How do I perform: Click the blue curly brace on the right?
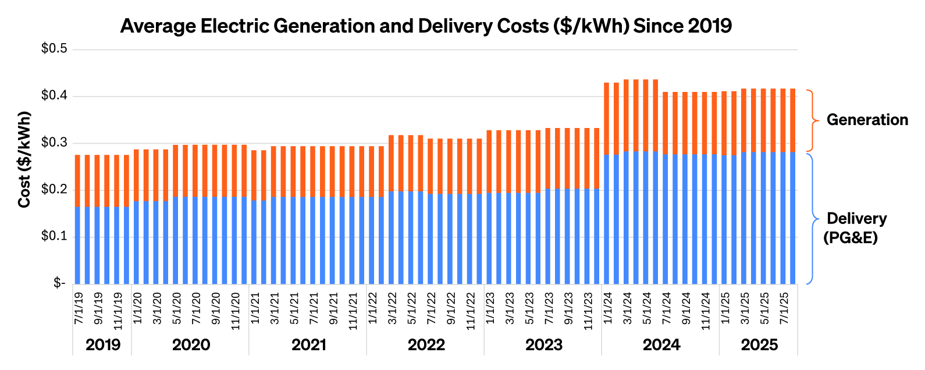(x=813, y=219)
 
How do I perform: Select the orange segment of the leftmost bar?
(x=77, y=180)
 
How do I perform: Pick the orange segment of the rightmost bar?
(x=792, y=120)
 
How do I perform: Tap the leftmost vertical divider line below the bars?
(x=73, y=320)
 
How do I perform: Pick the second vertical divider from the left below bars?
(x=131, y=320)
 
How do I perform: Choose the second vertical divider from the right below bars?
(x=719, y=320)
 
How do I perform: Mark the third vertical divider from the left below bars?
(x=249, y=320)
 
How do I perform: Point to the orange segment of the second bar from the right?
(x=783, y=120)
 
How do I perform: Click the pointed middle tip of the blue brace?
(x=819, y=219)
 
